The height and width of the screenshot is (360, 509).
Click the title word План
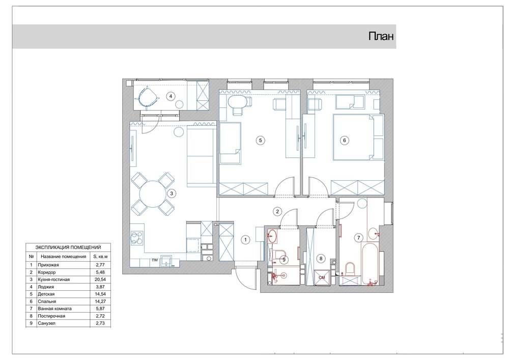click(381, 36)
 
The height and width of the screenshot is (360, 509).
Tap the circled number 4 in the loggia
click(171, 96)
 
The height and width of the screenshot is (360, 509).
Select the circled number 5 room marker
click(260, 140)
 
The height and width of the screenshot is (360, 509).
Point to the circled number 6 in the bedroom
click(345, 141)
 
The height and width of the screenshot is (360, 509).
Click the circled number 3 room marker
click(172, 193)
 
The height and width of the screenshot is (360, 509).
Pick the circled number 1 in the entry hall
click(245, 240)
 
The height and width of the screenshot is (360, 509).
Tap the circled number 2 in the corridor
click(277, 212)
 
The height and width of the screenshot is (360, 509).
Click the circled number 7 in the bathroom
click(359, 238)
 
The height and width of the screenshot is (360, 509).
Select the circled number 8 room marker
click(321, 258)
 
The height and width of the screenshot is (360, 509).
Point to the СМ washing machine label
click(322, 278)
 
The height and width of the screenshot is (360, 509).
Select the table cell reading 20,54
click(101, 280)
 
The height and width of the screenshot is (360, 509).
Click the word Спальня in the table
click(47, 301)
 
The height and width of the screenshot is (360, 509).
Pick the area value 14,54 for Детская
click(101, 294)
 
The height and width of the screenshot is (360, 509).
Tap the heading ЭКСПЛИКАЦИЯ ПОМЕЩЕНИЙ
click(68, 247)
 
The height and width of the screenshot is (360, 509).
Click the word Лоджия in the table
click(46, 287)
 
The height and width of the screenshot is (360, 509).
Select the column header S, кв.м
click(101, 257)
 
